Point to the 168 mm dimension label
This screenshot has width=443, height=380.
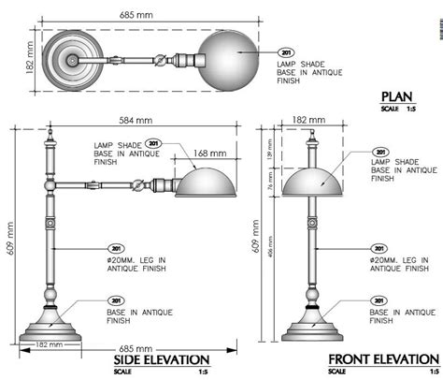pyautogui.click(x=210, y=152)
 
